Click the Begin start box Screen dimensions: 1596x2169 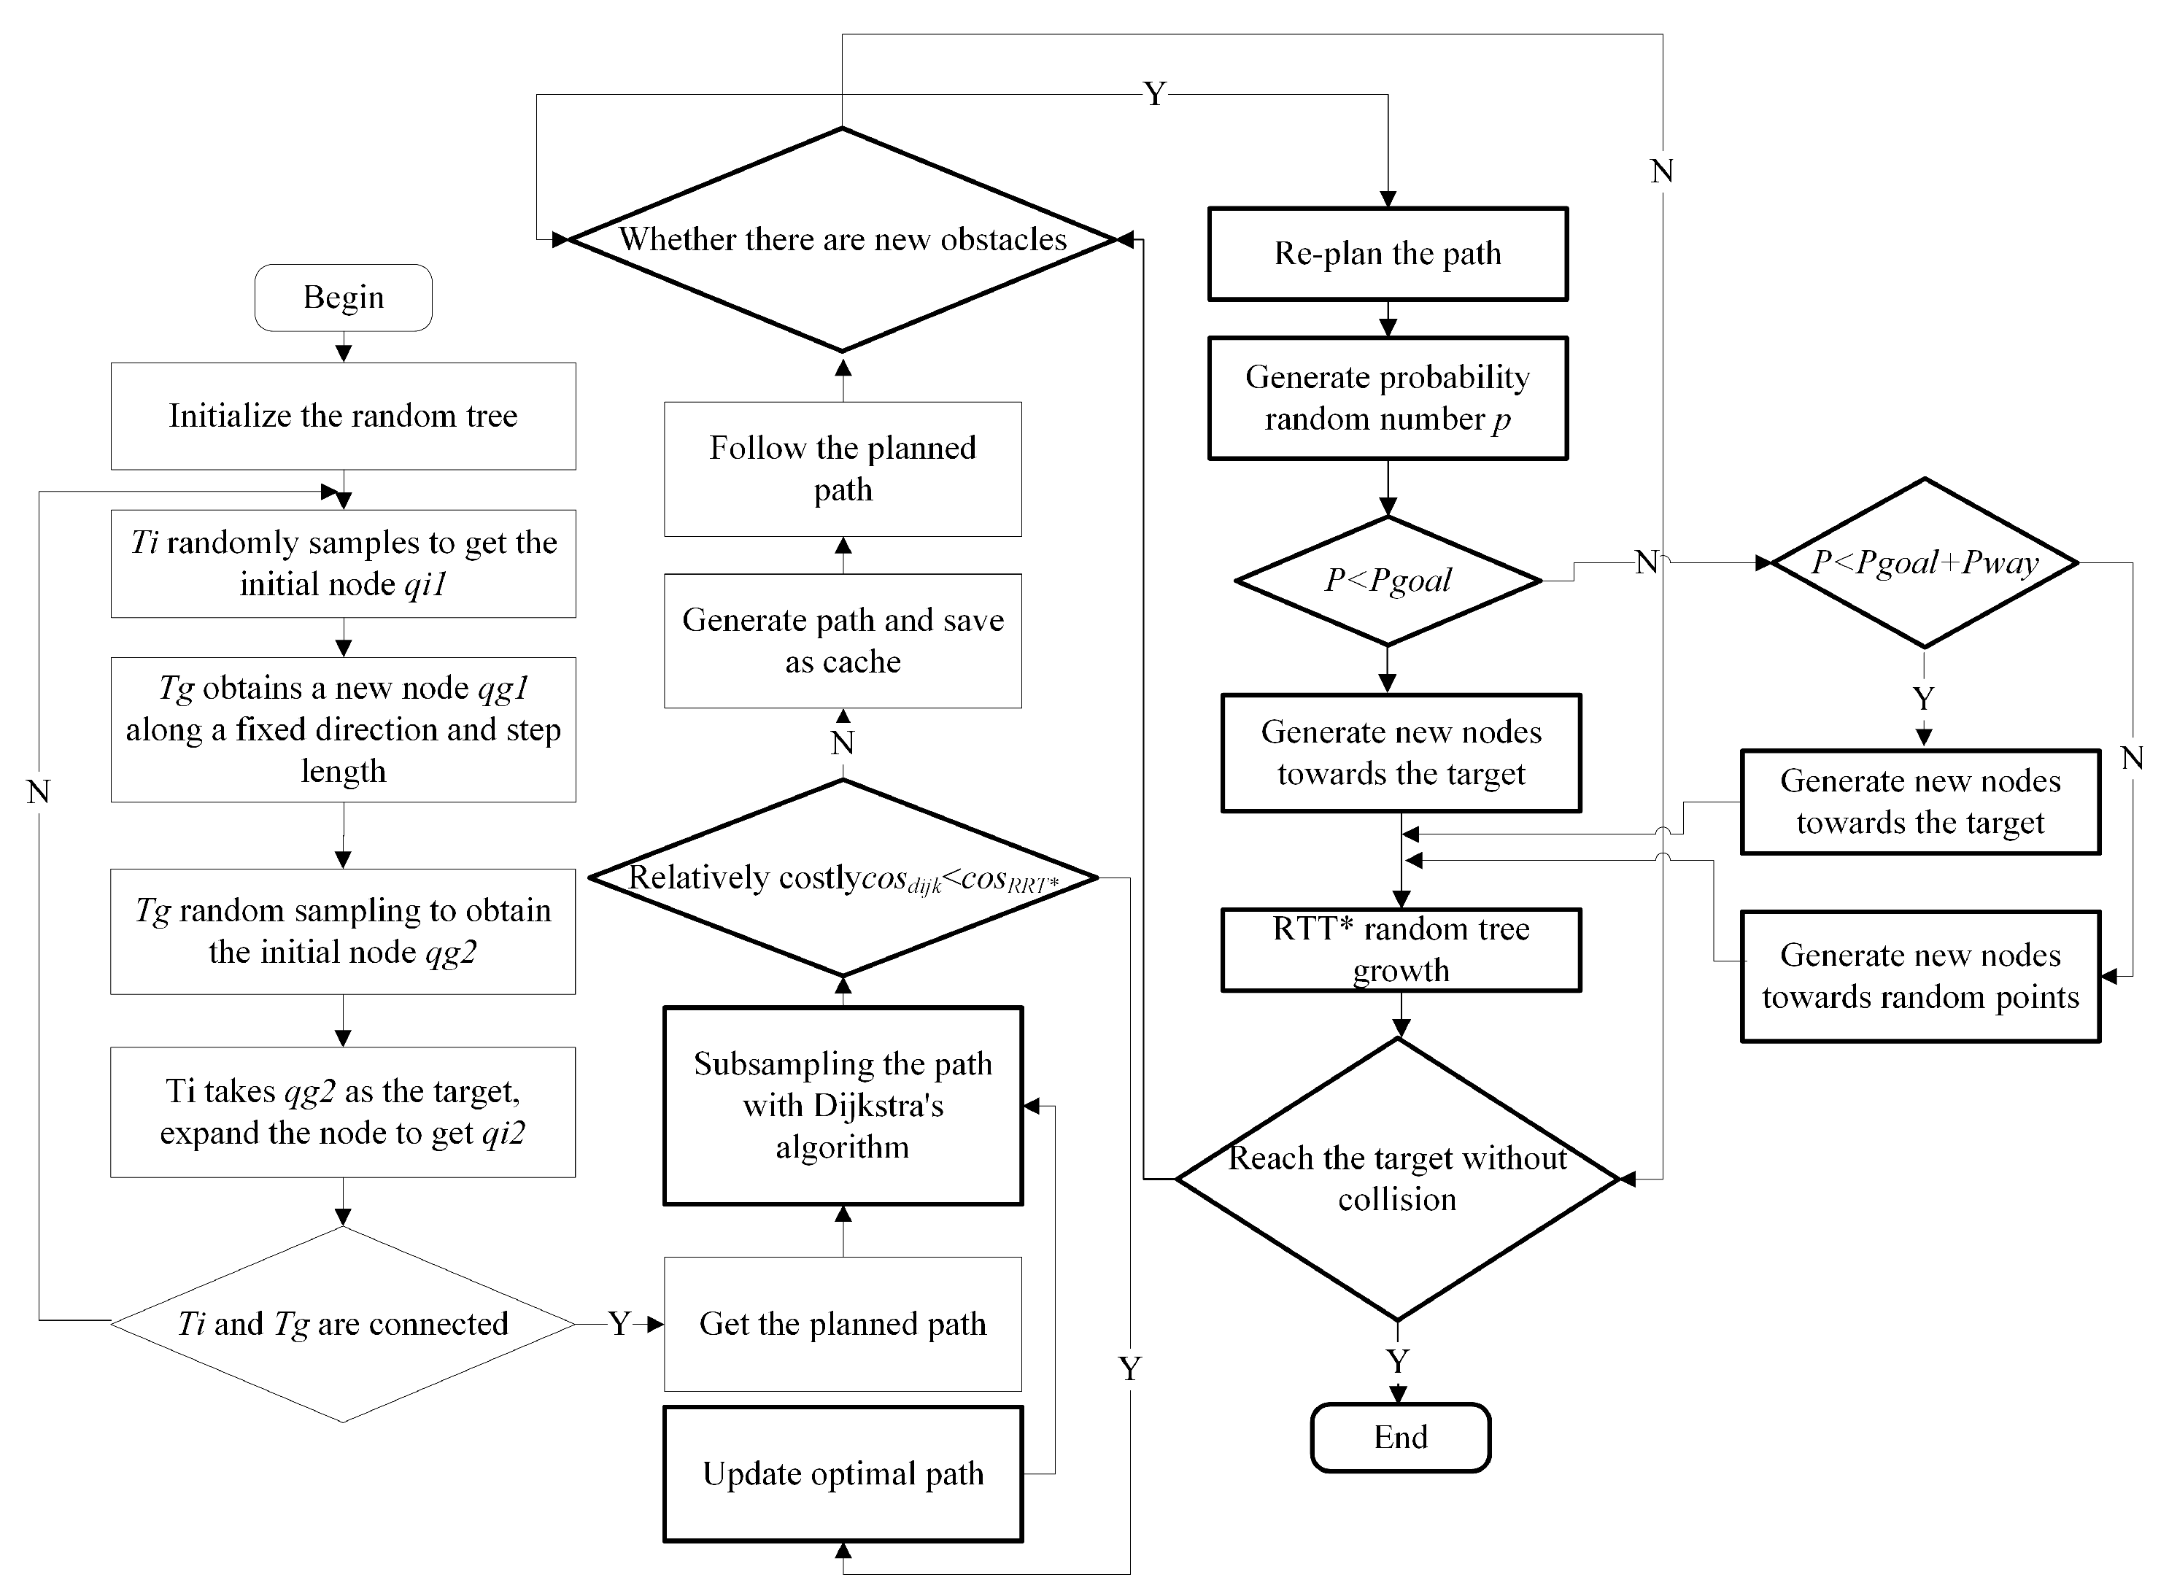pos(343,298)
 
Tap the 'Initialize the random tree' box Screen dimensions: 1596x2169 pos(343,417)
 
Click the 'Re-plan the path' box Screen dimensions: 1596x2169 pos(1388,254)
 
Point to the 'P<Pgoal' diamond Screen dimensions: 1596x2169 pos(1388,581)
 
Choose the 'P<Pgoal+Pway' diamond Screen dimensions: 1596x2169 pos(1924,563)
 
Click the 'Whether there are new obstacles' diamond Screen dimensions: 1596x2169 pos(843,239)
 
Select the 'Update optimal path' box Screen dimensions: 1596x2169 pos(843,1474)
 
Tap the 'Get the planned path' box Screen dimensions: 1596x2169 pos(843,1324)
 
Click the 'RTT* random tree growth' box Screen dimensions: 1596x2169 pos(1401,950)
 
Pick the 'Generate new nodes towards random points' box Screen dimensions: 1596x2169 pos(1919,976)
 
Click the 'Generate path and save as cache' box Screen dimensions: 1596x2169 pos(843,640)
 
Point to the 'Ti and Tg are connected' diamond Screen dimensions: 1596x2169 pos(343,1324)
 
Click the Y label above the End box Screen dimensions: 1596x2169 pos(1397,1361)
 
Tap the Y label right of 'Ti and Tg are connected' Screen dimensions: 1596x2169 pos(619,1324)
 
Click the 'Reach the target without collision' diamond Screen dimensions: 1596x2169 pos(1397,1179)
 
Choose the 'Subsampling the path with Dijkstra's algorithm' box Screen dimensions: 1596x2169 pos(843,1105)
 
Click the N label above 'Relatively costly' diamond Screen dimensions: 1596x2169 pos(843,743)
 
